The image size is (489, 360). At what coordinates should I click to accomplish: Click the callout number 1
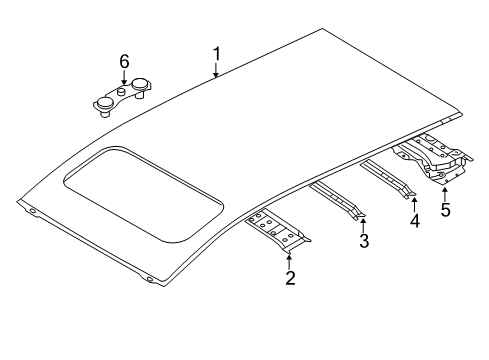[x=217, y=54]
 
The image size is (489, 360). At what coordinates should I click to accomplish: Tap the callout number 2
[x=290, y=278]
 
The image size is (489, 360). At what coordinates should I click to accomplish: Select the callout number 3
[x=364, y=241]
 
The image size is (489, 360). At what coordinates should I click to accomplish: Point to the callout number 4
[x=414, y=221]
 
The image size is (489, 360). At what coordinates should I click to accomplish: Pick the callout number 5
[x=445, y=210]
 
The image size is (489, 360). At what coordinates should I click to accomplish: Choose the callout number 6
[x=124, y=62]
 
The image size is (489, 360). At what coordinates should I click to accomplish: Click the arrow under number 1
[x=216, y=71]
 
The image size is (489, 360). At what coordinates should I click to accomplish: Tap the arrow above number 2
[x=289, y=261]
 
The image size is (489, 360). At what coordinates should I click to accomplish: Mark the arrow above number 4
[x=414, y=205]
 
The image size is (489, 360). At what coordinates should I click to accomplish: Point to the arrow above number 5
[x=444, y=194]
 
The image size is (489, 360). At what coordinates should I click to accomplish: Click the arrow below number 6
[x=124, y=77]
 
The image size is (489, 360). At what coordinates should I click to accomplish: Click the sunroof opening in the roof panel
[x=143, y=194]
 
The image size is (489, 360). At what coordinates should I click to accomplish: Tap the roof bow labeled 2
[x=278, y=231]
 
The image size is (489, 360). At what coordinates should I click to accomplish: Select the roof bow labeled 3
[x=337, y=200]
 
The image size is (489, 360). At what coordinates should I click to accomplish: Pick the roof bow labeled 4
[x=388, y=179]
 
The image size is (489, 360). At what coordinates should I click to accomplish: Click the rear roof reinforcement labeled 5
[x=433, y=158]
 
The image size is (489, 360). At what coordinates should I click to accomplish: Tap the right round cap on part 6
[x=140, y=84]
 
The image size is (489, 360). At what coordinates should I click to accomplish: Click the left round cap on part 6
[x=104, y=104]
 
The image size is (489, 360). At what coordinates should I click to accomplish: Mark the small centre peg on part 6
[x=121, y=90]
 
